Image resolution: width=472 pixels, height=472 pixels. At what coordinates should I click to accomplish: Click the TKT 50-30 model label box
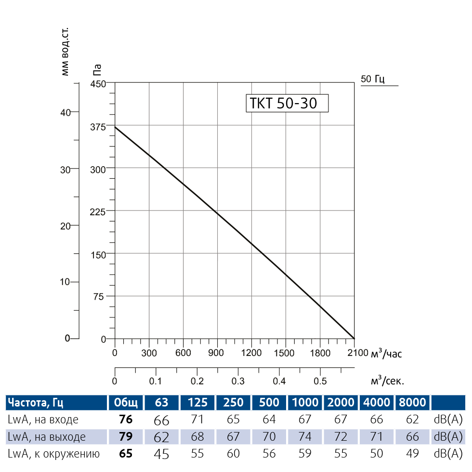287,103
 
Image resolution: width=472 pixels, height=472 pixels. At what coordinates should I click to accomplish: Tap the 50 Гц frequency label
373,79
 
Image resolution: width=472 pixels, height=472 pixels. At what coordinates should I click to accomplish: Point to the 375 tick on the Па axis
98,126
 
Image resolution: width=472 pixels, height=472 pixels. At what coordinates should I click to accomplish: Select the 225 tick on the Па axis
98,210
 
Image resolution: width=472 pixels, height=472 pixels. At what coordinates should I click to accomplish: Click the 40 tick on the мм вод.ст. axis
65,112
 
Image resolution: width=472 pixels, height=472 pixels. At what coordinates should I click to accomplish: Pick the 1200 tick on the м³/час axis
251,353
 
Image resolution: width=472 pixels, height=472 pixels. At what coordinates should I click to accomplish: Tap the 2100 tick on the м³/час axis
354,353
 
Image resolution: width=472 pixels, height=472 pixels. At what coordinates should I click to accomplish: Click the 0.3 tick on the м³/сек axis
238,381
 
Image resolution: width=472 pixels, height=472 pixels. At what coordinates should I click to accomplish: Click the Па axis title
97,71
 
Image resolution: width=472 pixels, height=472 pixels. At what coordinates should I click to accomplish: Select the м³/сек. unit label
387,381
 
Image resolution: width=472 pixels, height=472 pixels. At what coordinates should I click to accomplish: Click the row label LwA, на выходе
47,437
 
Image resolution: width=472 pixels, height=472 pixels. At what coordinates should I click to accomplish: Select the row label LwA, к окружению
53,454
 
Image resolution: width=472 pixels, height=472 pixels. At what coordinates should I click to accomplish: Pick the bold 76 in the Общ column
125,420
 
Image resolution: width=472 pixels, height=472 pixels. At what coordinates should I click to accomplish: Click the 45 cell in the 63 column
161,454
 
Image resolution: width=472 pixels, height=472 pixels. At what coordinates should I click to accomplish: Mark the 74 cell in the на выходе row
305,437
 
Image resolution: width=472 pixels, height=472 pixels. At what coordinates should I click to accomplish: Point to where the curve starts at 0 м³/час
115,127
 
